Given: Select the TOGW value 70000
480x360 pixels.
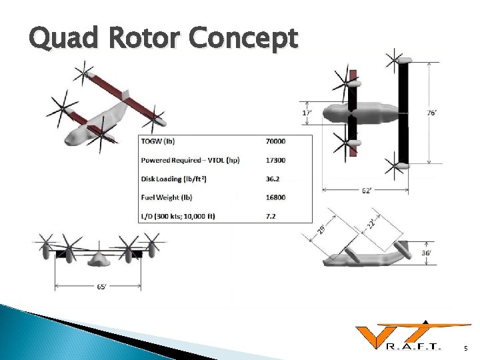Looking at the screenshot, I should pos(275,141).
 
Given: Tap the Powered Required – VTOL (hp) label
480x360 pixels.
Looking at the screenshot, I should pos(190,160).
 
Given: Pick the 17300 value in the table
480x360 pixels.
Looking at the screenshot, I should pos(275,160).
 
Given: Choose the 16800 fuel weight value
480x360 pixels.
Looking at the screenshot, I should pos(275,197).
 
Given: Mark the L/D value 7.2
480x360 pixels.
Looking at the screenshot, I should pos(270,216).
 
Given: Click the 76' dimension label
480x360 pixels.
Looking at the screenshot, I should pos(433,113).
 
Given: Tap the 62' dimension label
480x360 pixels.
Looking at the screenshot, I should pos(367,191).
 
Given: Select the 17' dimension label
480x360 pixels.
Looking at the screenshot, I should pos(306,113).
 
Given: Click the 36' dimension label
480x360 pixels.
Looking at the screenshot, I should pos(426,253).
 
